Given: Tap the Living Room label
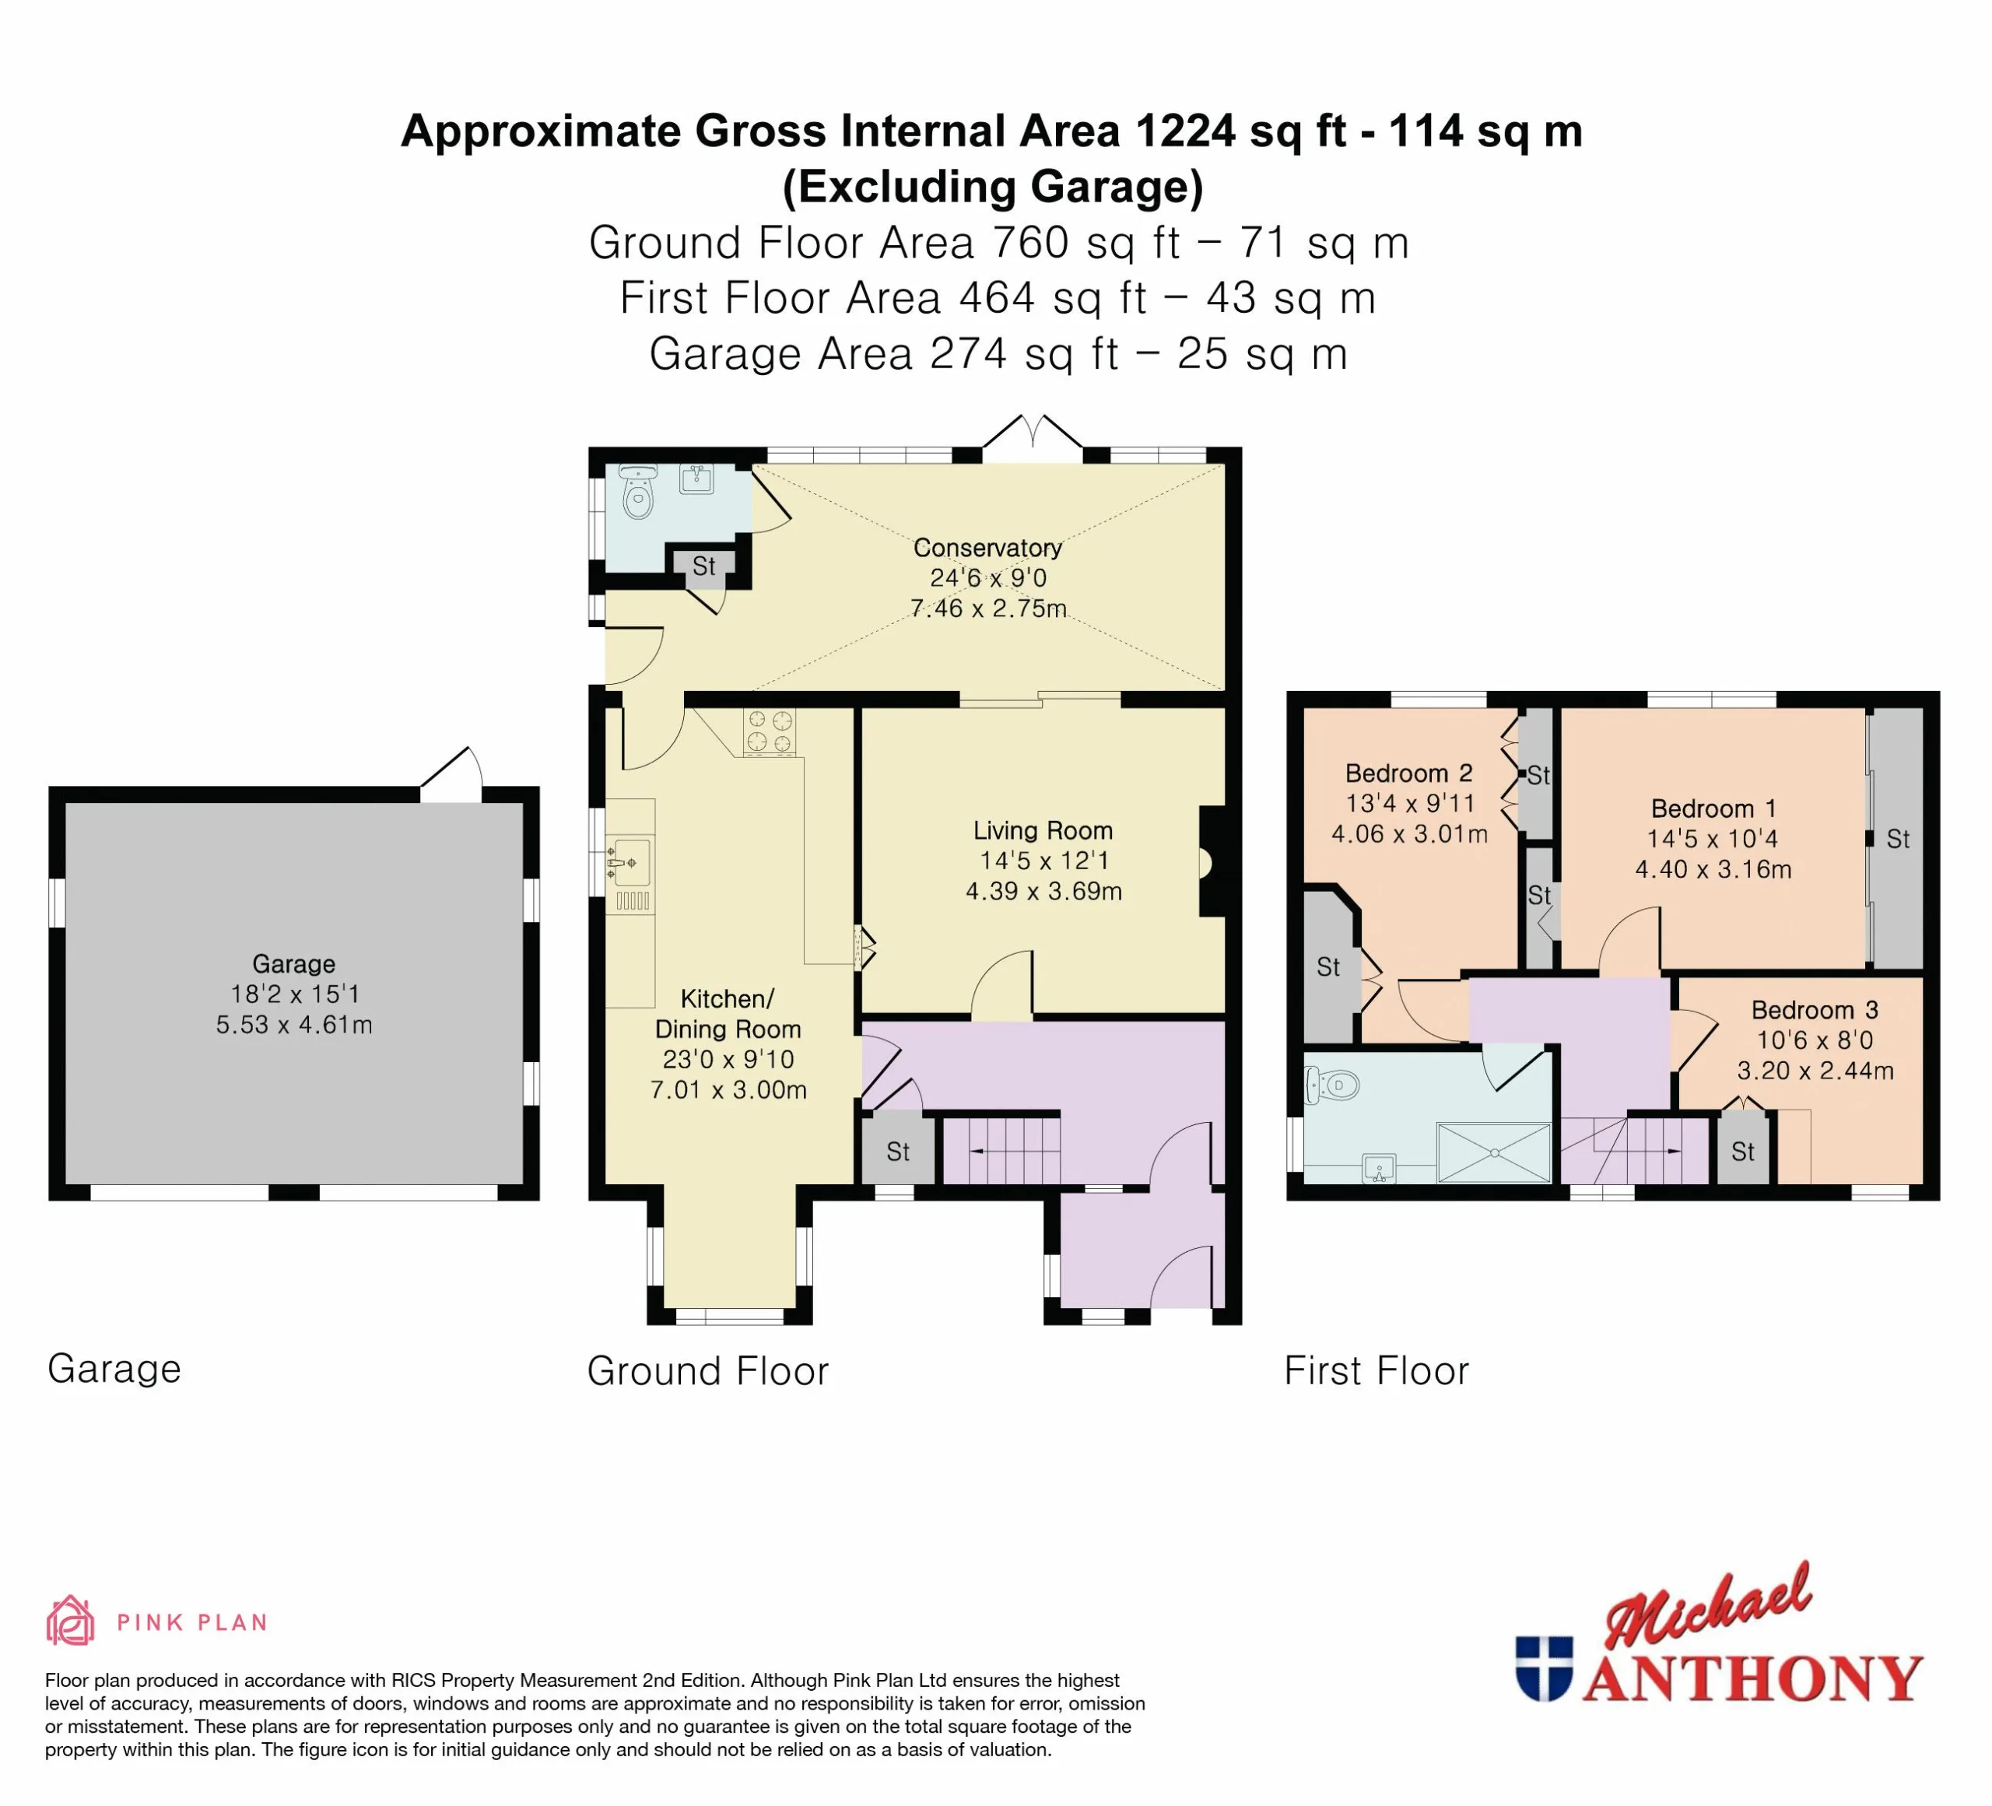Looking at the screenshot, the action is [1043, 831].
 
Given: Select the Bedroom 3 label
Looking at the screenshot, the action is [1814, 1010].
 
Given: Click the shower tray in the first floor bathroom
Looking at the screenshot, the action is [1493, 1153].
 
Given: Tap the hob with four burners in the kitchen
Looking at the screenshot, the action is [769, 732].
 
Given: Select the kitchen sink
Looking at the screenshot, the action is [630, 862].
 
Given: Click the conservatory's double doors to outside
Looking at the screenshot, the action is [1033, 437].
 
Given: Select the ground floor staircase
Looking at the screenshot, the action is [1001, 1150].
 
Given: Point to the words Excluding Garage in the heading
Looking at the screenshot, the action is [993, 187].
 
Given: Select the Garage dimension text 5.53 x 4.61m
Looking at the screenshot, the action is [294, 1025].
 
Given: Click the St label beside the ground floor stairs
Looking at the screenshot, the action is [897, 1151].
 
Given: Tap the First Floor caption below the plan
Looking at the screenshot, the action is [1377, 1370].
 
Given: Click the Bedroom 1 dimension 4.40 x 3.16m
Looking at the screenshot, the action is [1713, 869].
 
